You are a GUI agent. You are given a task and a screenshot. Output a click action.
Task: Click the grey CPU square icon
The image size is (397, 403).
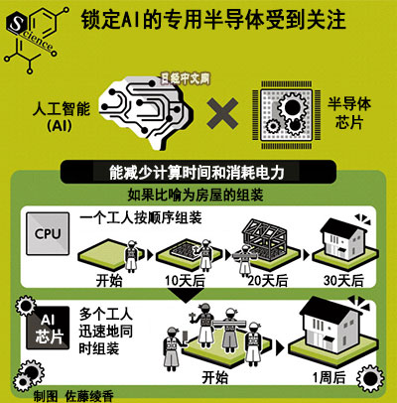[x=48, y=233]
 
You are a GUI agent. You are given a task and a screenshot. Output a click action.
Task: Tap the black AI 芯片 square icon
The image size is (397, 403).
[x=48, y=328]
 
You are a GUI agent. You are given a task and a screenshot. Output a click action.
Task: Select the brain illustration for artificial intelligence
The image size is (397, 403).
[x=146, y=112]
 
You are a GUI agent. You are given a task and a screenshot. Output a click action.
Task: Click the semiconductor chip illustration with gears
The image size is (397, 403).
[x=286, y=115]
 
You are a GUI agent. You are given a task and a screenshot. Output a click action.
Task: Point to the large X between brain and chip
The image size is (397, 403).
[x=222, y=113]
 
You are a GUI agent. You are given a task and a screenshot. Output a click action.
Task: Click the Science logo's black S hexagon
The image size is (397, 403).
[x=17, y=23]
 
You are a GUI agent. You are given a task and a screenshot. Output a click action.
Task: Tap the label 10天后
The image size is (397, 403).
[x=185, y=281]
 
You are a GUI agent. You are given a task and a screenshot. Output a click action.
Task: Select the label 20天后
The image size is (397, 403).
[x=268, y=281]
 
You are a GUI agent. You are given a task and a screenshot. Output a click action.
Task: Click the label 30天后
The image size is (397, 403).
[x=343, y=281]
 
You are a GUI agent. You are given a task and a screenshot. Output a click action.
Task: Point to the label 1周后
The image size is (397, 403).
[x=330, y=377]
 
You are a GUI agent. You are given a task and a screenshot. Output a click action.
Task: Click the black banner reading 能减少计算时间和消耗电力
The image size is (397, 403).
[x=198, y=172]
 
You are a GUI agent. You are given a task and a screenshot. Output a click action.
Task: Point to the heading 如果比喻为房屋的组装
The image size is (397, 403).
[x=196, y=196]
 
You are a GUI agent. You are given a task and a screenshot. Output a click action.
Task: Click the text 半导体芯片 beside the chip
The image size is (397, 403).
[x=349, y=113]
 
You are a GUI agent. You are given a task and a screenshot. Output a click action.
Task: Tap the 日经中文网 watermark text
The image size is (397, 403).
[x=186, y=79]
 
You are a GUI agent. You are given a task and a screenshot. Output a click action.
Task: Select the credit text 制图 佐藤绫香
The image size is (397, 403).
[x=73, y=396]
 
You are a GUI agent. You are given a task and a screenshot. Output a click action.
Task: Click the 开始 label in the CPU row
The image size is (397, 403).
[x=109, y=281]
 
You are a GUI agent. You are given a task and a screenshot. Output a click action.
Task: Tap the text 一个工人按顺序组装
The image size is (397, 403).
[x=141, y=217]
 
